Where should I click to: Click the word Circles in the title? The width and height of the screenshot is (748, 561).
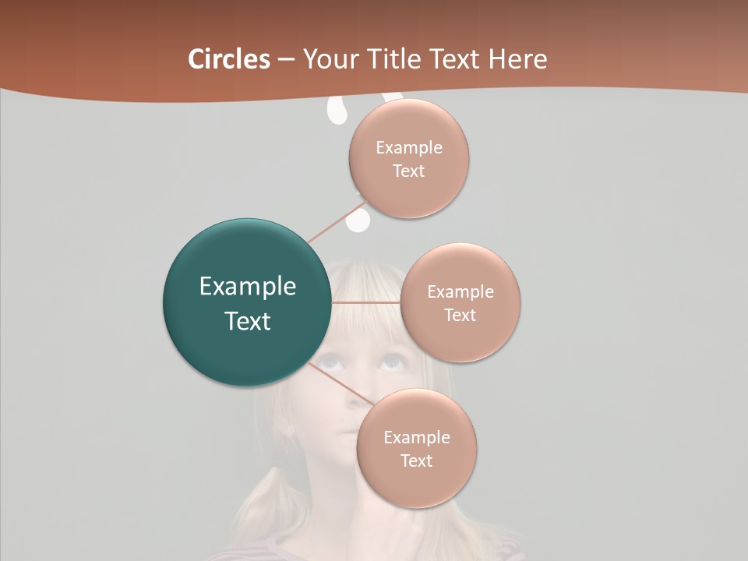pos(229,58)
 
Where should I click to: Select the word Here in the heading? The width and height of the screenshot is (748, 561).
pos(517,58)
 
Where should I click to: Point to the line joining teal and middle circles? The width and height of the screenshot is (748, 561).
pos(366,302)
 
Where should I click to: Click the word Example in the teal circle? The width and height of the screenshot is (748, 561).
pos(248,287)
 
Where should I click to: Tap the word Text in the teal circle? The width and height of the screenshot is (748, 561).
pos(248,321)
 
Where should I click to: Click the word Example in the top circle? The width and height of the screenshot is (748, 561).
pos(408,148)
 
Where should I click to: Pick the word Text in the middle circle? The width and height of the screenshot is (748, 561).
pos(460,315)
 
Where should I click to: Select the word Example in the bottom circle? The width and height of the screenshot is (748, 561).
pos(416,437)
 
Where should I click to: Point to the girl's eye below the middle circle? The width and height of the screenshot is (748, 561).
pos(390,362)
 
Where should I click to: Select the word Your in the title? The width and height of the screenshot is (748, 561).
pos(327,58)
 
